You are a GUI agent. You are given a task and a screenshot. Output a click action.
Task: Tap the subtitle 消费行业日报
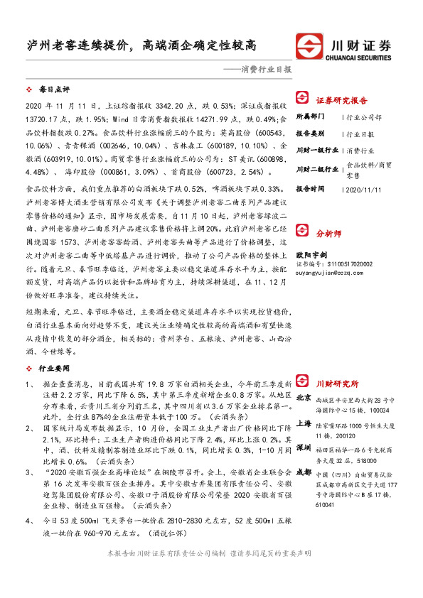261,70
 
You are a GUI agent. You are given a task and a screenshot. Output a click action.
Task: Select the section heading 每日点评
55,91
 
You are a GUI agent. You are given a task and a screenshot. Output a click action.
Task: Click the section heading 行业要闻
55,369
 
